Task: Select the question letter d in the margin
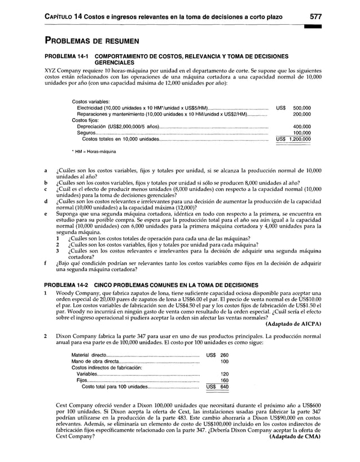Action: pos(45,201)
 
